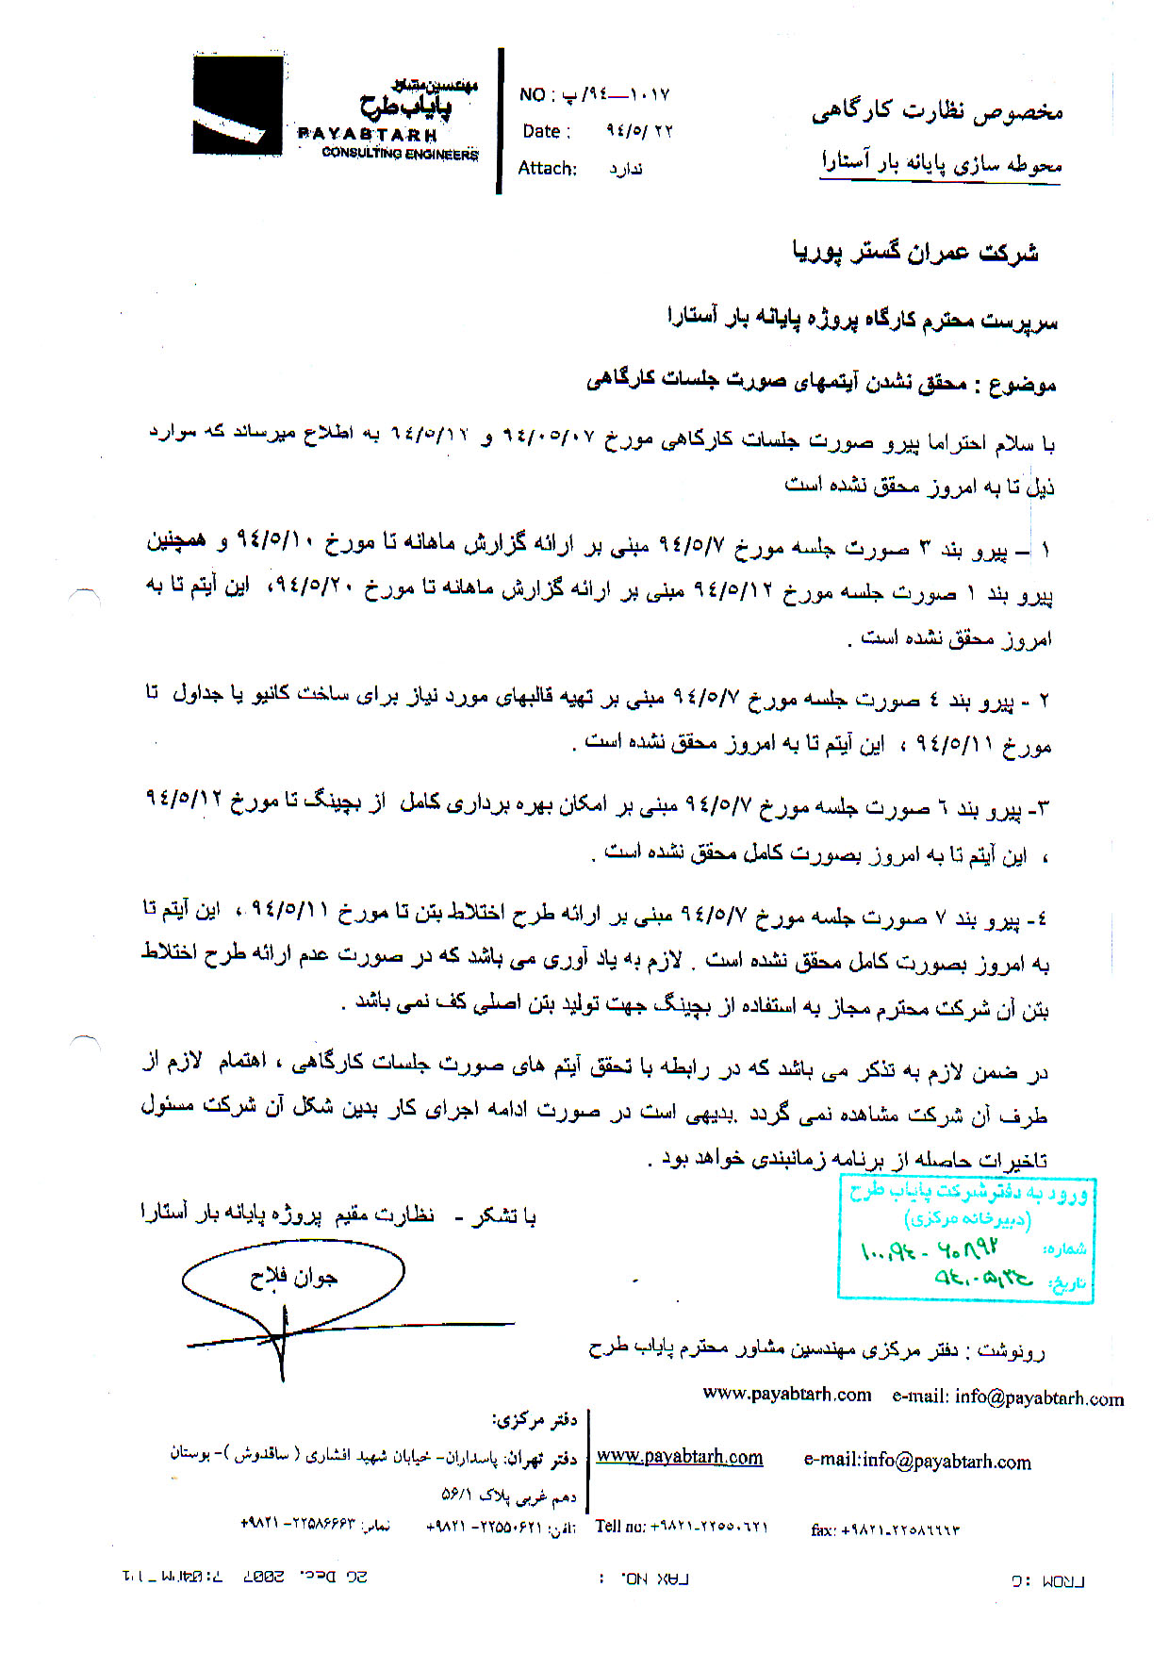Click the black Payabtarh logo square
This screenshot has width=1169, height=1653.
click(238, 105)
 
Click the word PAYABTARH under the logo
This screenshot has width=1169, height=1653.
click(368, 136)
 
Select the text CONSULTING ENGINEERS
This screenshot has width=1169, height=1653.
click(400, 154)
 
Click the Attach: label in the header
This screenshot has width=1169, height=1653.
click(547, 169)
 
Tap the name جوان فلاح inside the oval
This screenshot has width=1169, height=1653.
click(293, 1277)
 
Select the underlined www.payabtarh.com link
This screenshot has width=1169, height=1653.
click(679, 1456)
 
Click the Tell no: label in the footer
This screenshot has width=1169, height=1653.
click(620, 1527)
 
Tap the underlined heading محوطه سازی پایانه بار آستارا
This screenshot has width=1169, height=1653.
click(941, 164)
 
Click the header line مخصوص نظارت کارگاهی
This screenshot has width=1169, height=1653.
click(937, 112)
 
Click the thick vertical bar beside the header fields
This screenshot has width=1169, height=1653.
click(500, 123)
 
